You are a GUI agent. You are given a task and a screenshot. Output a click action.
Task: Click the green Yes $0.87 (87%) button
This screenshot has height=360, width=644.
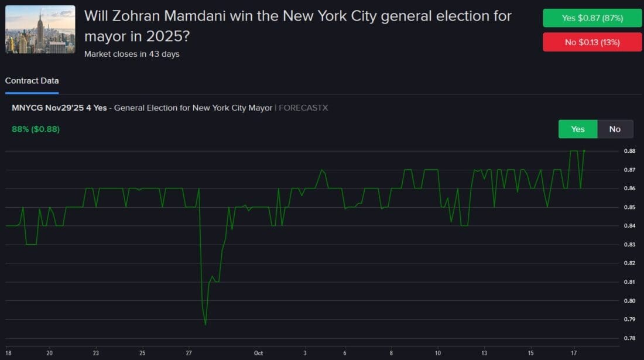tap(592, 18)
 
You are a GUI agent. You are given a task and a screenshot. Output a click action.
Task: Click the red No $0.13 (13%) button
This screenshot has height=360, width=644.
tap(592, 42)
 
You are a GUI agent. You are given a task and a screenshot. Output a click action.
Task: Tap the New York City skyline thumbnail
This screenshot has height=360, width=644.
tap(40, 29)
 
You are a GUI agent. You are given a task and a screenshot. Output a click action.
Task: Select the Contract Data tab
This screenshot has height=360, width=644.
tap(32, 81)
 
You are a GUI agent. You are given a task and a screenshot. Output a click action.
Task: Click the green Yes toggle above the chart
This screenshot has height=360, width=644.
tap(577, 129)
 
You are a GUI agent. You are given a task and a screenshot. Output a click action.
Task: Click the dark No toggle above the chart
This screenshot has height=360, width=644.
tap(615, 129)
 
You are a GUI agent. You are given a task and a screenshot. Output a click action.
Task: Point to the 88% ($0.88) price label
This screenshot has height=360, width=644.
tap(36, 129)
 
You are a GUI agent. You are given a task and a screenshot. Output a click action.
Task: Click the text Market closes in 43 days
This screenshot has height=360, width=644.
tap(132, 54)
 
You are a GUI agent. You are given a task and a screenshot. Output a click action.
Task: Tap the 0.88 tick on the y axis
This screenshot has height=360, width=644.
tap(629, 151)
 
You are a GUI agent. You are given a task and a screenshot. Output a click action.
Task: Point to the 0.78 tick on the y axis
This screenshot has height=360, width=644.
tap(629, 338)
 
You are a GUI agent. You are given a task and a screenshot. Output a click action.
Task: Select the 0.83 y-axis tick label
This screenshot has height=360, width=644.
tap(629, 245)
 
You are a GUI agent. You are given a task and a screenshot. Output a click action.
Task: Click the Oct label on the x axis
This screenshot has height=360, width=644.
tap(259, 353)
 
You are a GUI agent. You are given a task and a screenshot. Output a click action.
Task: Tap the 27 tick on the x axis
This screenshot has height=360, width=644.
tap(189, 353)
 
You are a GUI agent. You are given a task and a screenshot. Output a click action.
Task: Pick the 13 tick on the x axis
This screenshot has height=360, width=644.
tap(484, 353)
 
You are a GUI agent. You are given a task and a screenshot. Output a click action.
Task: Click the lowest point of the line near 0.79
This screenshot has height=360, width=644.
tap(205, 324)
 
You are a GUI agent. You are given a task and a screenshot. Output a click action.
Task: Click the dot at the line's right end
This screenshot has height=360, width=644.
tap(584, 151)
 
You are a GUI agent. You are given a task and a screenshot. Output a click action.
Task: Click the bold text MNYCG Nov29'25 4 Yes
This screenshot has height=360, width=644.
tap(59, 108)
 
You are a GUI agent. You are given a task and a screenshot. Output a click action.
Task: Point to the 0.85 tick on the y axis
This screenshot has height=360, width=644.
tap(629, 207)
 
